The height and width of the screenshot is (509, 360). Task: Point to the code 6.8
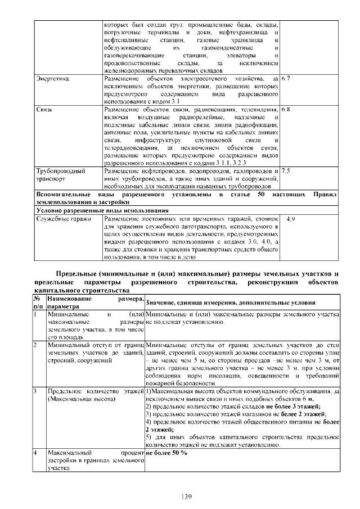(x=286, y=109)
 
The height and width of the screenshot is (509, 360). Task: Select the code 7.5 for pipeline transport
(x=286, y=170)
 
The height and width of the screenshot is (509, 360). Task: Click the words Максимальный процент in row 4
(x=95, y=452)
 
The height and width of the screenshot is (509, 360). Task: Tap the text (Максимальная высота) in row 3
(x=82, y=398)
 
